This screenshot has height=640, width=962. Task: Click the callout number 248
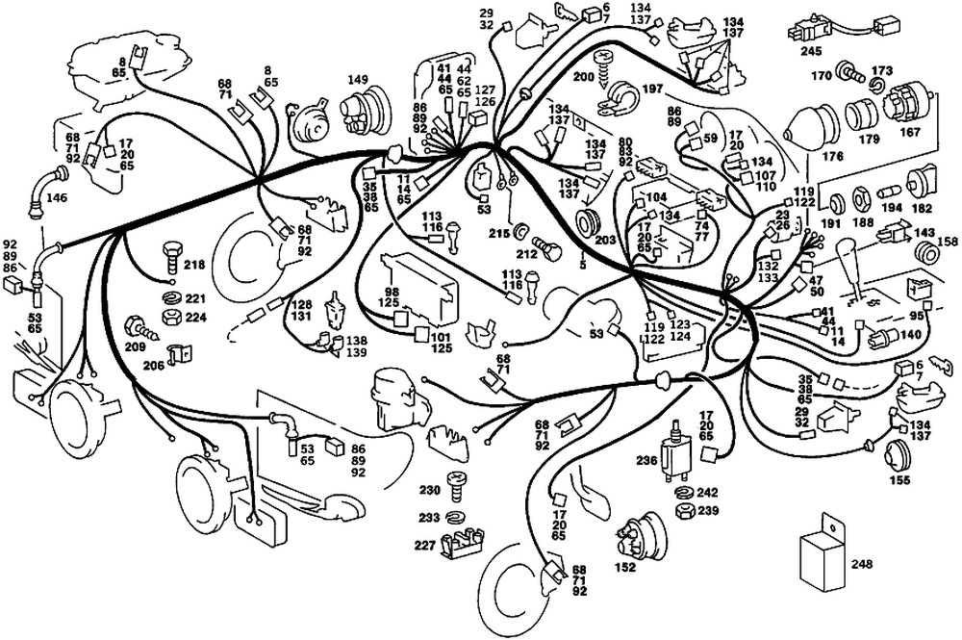click(x=862, y=564)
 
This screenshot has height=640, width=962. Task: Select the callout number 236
click(x=646, y=461)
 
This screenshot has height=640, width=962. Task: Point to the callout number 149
click(x=358, y=80)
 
